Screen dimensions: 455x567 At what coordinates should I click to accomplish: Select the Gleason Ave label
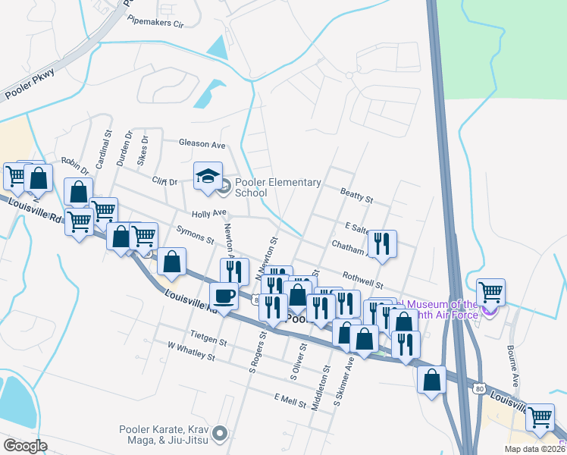(x=202, y=143)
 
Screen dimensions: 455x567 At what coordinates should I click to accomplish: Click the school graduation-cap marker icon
(x=208, y=177)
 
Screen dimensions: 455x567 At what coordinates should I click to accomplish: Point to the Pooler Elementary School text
(x=277, y=187)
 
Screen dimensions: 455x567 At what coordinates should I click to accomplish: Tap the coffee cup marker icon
(x=224, y=295)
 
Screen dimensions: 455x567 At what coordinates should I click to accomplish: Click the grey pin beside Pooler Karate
(x=221, y=434)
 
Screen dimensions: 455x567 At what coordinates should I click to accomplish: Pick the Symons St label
(x=195, y=234)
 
